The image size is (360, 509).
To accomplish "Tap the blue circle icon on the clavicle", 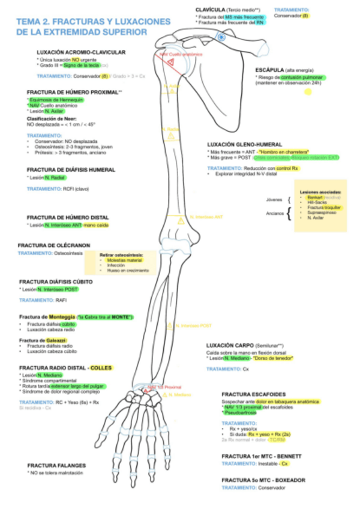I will pos(221,37).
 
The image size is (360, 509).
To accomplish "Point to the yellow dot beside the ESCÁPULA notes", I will pos(308,92).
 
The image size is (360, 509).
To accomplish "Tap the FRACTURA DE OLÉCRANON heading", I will pos(54,245).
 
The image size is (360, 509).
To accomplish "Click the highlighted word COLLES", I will pos(101,367).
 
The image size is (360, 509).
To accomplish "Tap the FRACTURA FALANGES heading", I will pos(56,465).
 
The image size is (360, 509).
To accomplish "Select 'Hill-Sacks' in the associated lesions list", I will pos(316,202).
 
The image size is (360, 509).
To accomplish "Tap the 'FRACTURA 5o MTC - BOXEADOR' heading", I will pos(263,480).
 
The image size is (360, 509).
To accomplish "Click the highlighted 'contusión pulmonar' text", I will pos(301,77).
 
